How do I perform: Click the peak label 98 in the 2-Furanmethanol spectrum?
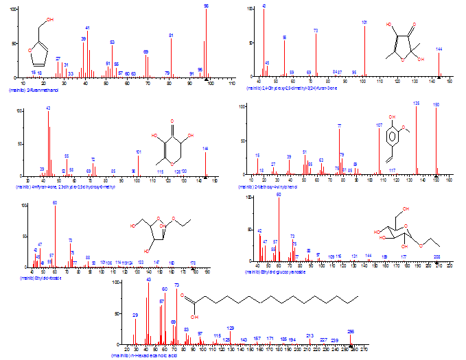(206, 5)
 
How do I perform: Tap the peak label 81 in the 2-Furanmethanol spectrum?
(171, 36)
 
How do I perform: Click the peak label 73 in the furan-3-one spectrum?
(316, 31)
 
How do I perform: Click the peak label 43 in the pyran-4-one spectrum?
(48, 108)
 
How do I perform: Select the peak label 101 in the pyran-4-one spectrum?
(139, 152)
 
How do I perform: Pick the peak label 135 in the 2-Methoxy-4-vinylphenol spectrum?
(416, 104)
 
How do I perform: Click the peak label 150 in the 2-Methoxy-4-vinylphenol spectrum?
(436, 104)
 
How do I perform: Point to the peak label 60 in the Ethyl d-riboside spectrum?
(55, 202)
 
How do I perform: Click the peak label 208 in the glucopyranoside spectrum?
(436, 256)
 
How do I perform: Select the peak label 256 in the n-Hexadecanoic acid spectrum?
(351, 331)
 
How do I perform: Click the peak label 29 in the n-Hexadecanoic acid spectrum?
(135, 315)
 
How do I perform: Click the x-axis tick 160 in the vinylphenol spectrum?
(450, 182)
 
